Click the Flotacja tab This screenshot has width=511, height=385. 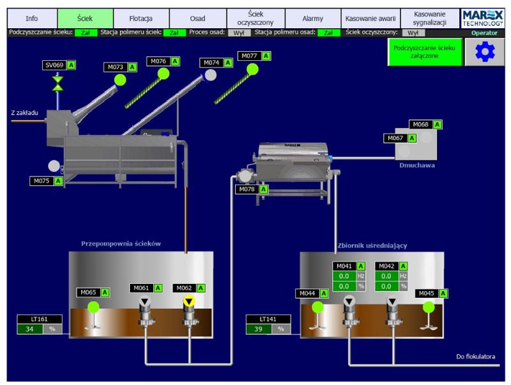click(142, 19)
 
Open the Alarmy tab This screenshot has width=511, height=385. click(312, 19)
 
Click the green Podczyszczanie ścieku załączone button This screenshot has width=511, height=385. click(424, 52)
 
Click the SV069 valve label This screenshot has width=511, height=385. click(54, 65)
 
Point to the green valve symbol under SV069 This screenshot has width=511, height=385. click(58, 83)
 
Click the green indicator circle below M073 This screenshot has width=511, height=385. click(120, 79)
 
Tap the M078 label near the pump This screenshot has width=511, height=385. click(247, 189)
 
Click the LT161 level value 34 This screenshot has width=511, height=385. click(29, 329)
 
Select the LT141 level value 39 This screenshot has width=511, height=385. click(259, 329)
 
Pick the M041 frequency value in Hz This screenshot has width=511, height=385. click(344, 276)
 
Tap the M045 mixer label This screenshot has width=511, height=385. click(426, 294)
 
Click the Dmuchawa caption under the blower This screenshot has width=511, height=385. click(416, 165)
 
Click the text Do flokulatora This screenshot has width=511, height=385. click(477, 356)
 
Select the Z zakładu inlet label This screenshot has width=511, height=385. click(25, 113)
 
